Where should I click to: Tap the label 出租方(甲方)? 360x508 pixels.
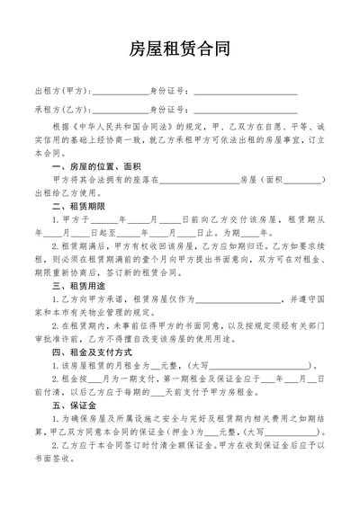click(x=61, y=90)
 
